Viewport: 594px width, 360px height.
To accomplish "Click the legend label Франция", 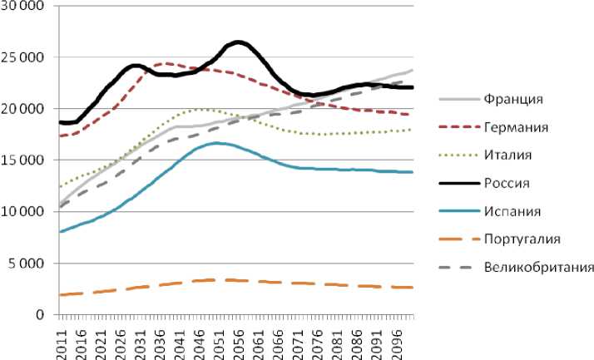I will tap(512, 100).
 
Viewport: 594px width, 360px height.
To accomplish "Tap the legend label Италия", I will tap(510, 155).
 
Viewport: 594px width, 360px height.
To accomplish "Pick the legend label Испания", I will tap(512, 211).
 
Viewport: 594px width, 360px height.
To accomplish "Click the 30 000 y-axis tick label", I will tap(27, 7).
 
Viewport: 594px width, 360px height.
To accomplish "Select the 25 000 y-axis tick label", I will tap(27, 58).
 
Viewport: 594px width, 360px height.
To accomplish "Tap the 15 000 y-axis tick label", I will tap(27, 160).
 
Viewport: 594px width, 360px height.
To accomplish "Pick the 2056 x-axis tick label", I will tap(238, 341).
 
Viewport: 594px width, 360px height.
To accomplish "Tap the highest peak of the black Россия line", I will tap(238, 41).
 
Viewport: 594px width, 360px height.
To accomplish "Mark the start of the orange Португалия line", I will tap(60, 295).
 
